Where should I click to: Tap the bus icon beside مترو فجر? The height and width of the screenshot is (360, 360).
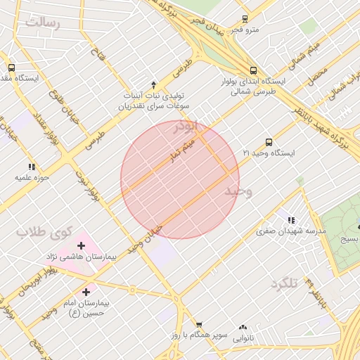point(245,19)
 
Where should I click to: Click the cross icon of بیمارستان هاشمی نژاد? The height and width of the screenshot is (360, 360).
point(81,245)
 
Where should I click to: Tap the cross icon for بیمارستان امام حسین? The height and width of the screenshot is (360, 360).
point(86,292)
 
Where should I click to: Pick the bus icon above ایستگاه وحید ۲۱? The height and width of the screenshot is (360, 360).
point(269,142)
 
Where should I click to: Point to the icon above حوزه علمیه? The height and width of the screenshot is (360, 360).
point(32,167)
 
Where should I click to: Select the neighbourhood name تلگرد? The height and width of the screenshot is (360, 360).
point(284,283)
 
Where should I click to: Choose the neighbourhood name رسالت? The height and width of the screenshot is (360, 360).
point(43,23)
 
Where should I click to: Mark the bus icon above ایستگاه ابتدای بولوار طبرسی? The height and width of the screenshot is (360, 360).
point(253,70)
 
